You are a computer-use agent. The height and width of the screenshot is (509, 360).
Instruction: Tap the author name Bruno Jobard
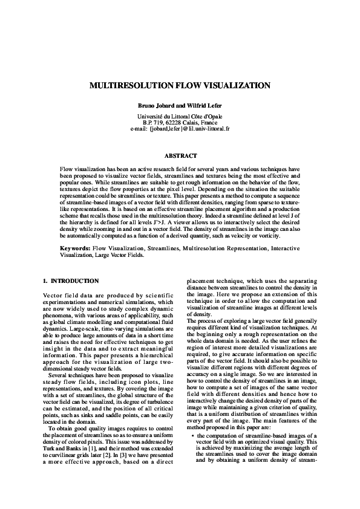click(154, 106)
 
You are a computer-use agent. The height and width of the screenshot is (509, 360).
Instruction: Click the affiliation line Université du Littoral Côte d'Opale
click(180, 116)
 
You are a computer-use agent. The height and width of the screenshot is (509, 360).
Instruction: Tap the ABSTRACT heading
click(180, 156)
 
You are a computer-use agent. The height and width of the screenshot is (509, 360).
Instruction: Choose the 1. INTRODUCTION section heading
click(71, 282)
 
